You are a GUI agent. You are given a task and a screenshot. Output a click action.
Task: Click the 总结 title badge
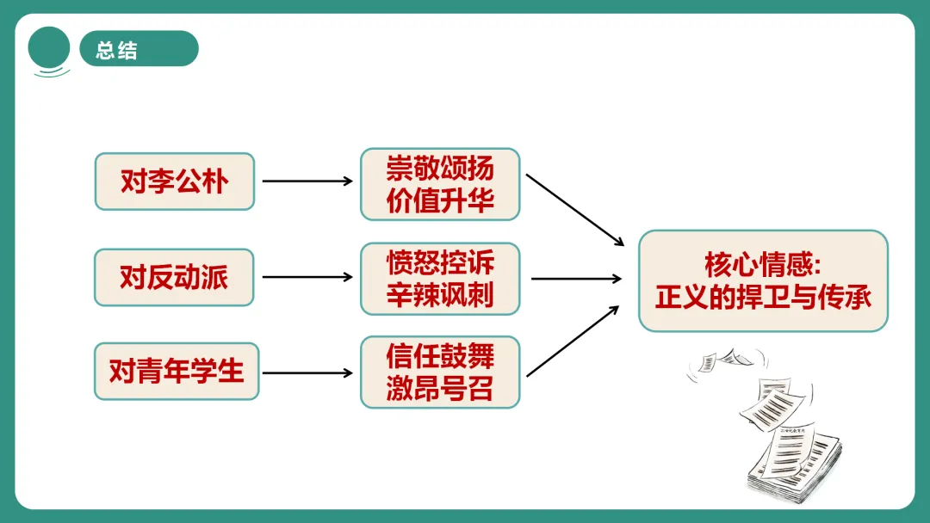tap(138, 49)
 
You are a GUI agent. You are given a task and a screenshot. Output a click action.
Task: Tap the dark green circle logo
tap(49, 48)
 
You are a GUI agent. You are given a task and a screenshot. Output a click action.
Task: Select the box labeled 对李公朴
tap(175, 182)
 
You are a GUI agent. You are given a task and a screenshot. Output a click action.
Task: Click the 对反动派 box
tap(175, 277)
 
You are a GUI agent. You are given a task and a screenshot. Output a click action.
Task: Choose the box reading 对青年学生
tap(177, 372)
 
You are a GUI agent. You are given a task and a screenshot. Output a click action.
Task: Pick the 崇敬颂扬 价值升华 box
tap(440, 183)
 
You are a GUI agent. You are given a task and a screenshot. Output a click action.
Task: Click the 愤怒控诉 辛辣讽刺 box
tap(440, 279)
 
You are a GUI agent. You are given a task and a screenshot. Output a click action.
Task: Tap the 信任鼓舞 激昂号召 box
tap(440, 372)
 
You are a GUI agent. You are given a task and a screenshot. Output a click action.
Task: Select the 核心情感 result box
tap(763, 280)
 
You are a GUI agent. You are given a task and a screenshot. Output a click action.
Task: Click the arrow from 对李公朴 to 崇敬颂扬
tap(307, 182)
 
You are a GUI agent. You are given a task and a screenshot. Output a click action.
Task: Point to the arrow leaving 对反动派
tap(307, 277)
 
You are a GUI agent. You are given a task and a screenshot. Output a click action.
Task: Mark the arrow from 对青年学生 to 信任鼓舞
tap(307, 373)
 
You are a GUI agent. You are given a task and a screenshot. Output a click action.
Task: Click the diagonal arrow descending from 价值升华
tap(574, 209)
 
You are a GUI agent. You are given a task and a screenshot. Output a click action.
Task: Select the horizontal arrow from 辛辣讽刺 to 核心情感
tap(576, 278)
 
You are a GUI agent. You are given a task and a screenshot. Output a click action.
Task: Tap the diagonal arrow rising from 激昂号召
tap(573, 341)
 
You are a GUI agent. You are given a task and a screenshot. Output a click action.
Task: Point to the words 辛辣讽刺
tap(440, 295)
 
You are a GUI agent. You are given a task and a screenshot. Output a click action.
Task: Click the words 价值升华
tap(440, 200)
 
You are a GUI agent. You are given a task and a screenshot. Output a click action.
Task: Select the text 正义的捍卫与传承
tap(763, 297)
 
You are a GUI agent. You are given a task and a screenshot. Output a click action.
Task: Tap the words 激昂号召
tap(440, 389)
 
